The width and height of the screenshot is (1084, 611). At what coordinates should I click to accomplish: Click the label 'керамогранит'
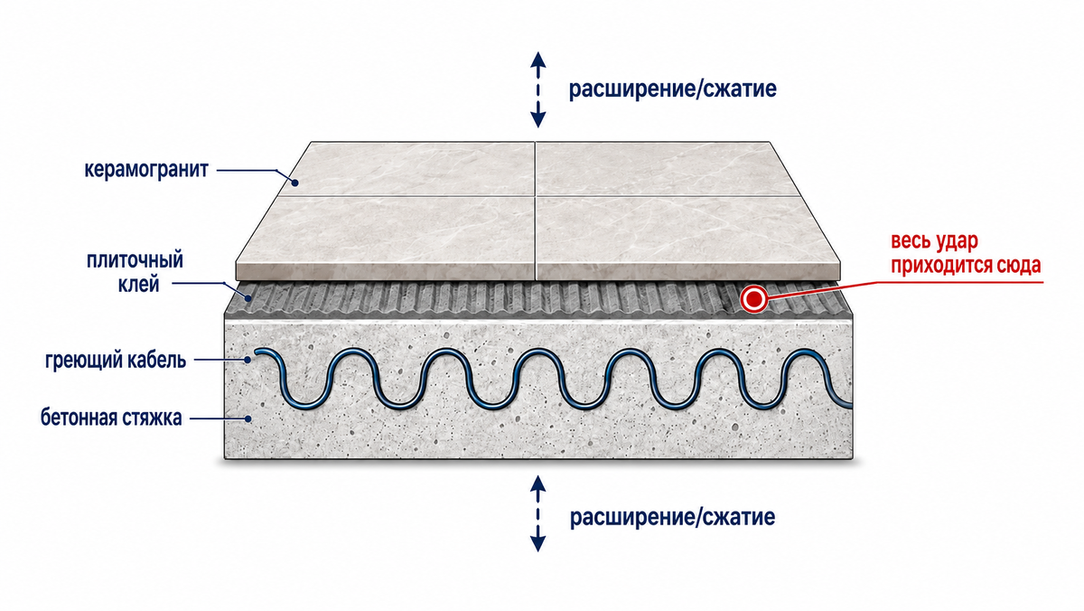[146, 170]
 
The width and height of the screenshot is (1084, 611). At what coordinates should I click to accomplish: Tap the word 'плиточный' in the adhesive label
[135, 260]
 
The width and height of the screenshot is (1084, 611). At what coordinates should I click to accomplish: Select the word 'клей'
[138, 284]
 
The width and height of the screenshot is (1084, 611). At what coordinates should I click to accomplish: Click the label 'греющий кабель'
[116, 361]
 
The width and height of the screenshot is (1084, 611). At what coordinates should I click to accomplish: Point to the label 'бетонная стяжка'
[111, 418]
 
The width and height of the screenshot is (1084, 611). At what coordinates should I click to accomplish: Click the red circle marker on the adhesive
[753, 299]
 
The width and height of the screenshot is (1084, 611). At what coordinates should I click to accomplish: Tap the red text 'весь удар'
[934, 241]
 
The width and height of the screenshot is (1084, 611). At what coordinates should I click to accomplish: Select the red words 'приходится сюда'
[966, 266]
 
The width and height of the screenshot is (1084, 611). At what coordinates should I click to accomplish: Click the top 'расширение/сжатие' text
[673, 89]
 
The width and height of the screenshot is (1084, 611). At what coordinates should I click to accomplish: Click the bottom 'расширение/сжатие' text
[672, 517]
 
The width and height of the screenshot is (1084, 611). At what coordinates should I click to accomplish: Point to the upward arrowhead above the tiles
[538, 60]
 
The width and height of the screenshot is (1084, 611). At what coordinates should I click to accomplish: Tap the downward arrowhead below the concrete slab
[538, 544]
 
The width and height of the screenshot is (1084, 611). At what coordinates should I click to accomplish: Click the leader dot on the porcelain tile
[294, 183]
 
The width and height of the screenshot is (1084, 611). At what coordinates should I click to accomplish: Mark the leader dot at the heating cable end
[248, 361]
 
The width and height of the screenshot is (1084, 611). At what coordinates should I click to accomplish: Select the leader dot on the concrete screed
[248, 418]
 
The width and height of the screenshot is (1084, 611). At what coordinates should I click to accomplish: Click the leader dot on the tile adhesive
[248, 298]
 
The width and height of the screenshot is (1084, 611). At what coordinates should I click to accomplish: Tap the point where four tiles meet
[535, 196]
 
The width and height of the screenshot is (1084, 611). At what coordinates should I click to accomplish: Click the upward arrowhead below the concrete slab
[538, 484]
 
